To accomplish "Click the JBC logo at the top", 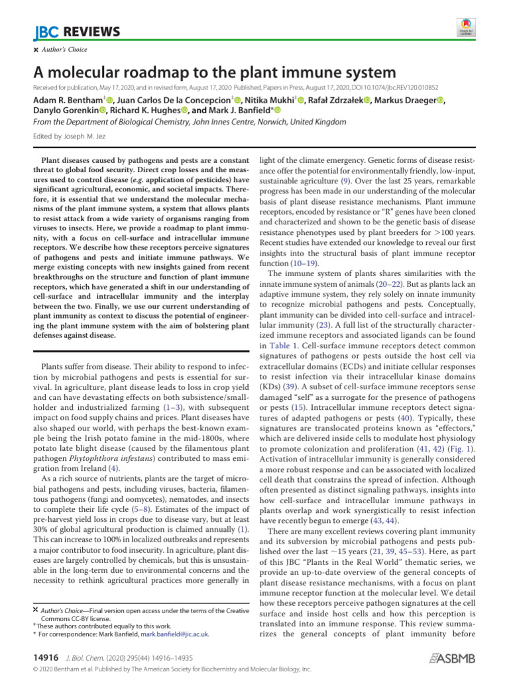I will (44, 32).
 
